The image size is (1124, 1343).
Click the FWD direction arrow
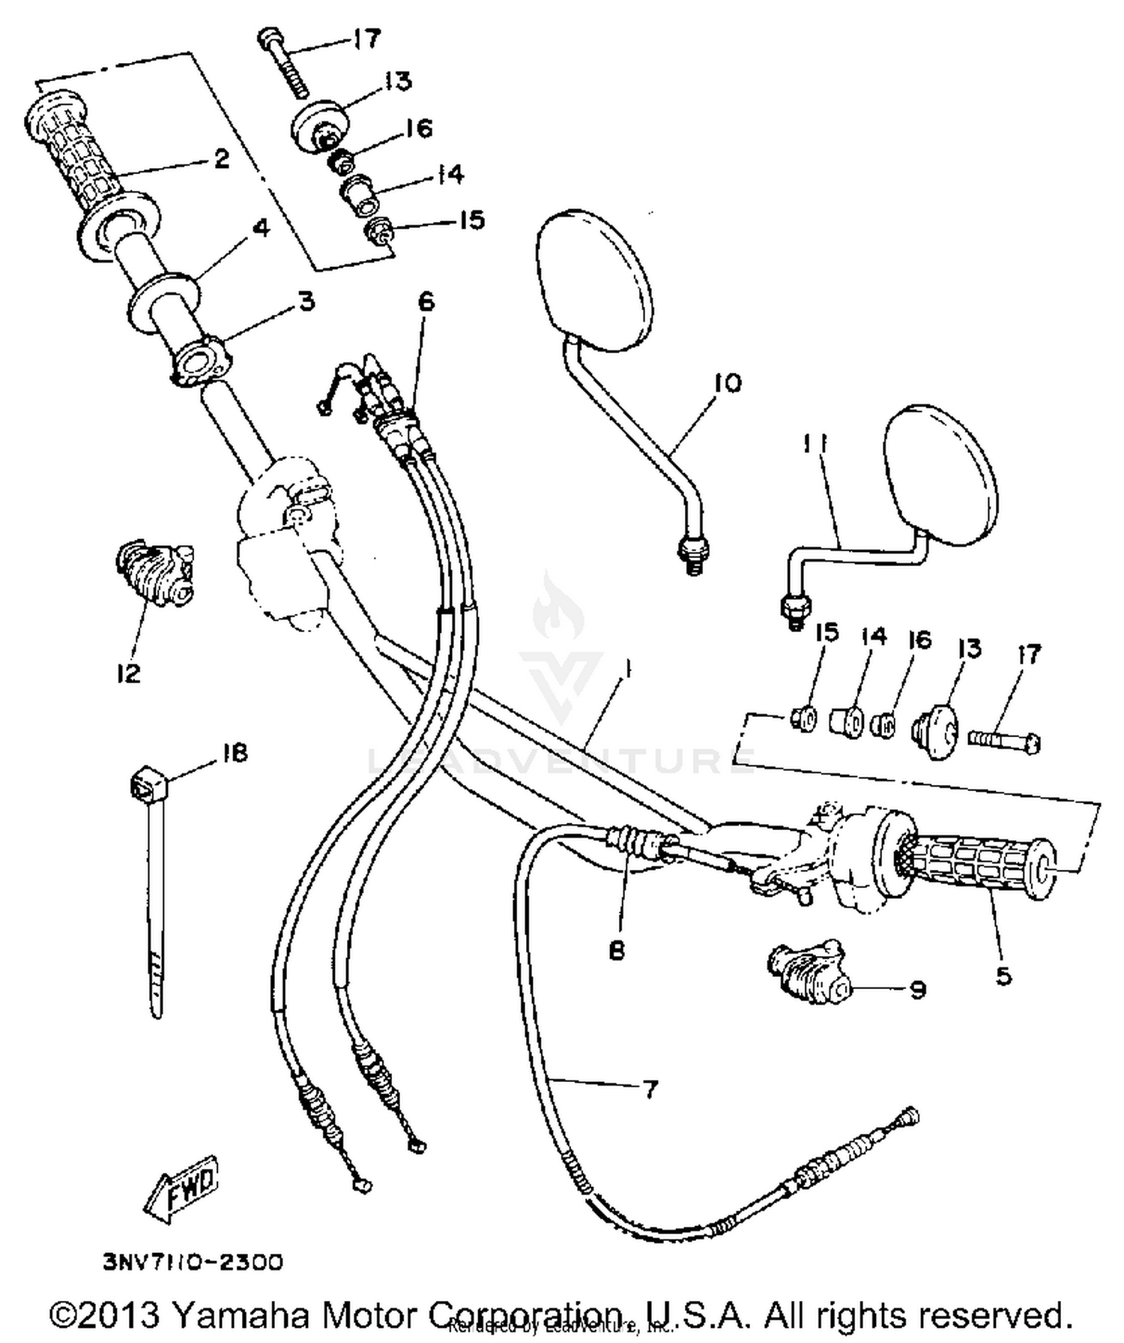tap(183, 1186)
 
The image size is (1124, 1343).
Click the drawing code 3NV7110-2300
tap(193, 1261)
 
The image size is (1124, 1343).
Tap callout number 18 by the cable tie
tap(235, 752)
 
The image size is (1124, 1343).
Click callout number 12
tap(128, 673)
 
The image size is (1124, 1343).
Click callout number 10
tap(726, 383)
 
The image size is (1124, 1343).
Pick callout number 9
tap(917, 990)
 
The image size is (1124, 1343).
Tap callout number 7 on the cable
tap(650, 1089)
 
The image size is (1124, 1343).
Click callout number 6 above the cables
tap(426, 301)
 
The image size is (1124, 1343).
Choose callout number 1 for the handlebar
tap(627, 670)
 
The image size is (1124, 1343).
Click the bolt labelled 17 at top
tap(285, 64)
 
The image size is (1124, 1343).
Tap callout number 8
tap(617, 951)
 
